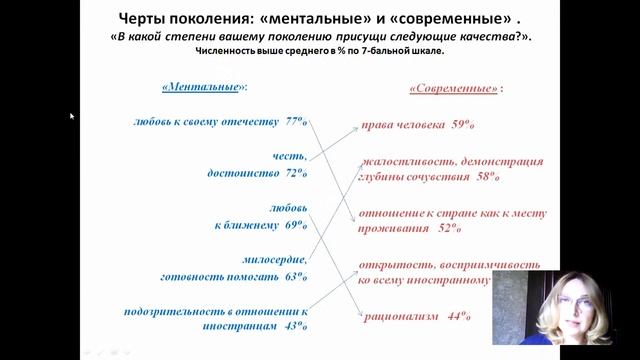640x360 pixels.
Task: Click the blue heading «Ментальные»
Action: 204,87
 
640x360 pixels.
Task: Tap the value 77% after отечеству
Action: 295,122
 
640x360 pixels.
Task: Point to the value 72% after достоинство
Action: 295,172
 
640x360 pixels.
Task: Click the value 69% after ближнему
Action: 295,226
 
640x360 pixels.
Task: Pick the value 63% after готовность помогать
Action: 295,276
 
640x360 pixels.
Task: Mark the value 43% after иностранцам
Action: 295,325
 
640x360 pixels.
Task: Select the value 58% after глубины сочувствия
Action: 487,177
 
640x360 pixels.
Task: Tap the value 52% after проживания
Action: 448,228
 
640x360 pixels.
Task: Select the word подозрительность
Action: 175,311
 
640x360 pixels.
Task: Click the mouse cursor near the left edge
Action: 72,116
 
